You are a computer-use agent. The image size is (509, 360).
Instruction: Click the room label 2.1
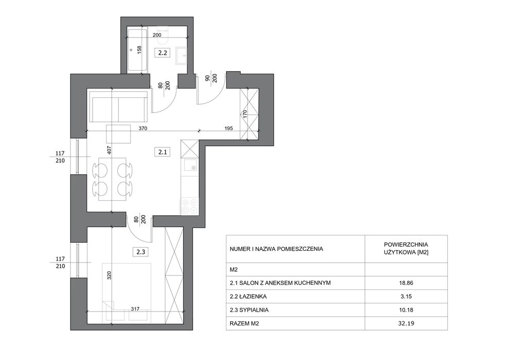tap(162, 152)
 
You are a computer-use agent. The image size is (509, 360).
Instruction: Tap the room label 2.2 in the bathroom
tap(162, 53)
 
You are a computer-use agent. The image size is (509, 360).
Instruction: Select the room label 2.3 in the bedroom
tap(141, 251)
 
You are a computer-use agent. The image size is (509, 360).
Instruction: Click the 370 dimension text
tap(143, 128)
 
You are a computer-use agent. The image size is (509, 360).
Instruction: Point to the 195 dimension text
tap(229, 128)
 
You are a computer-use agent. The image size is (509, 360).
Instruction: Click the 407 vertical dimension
tap(110, 150)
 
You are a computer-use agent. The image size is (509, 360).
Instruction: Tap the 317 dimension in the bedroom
tap(135, 309)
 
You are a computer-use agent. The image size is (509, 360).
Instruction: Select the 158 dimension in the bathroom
tap(139, 49)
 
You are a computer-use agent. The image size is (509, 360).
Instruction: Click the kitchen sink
tap(190, 165)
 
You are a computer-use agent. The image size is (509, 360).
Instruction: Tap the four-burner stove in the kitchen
tap(189, 207)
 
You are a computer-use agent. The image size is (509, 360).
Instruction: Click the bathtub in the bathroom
tap(137, 50)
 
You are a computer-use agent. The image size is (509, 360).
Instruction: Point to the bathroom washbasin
tap(182, 55)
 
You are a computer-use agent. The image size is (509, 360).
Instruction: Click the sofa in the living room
tap(118, 106)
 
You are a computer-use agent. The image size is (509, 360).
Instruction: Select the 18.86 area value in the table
tap(406, 283)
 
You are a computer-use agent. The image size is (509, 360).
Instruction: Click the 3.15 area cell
tap(406, 296)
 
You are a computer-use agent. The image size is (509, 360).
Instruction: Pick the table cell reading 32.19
tap(406, 323)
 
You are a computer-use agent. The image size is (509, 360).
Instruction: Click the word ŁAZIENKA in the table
tap(253, 296)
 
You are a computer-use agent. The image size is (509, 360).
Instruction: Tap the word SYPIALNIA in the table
tap(254, 310)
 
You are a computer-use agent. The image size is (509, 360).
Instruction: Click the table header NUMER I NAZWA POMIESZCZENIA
tap(276, 249)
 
